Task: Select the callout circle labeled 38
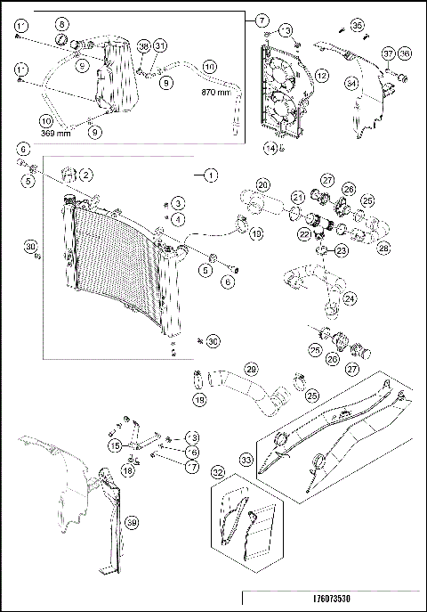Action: point(144,45)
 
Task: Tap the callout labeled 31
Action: point(160,45)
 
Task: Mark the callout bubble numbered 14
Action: point(270,147)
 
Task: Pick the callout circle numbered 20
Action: point(262,184)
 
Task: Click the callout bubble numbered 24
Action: point(350,298)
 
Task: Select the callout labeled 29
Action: point(251,368)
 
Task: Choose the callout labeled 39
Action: point(131,523)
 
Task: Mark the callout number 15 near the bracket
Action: point(115,444)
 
